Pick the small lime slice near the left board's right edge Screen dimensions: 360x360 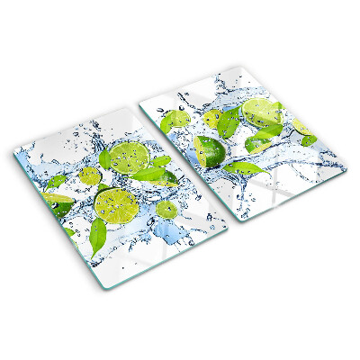[166, 210]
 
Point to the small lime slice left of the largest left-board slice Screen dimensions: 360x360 [88, 175]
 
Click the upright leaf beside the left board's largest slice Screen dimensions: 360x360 [105, 159]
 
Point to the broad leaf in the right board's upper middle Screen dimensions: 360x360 [229, 121]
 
